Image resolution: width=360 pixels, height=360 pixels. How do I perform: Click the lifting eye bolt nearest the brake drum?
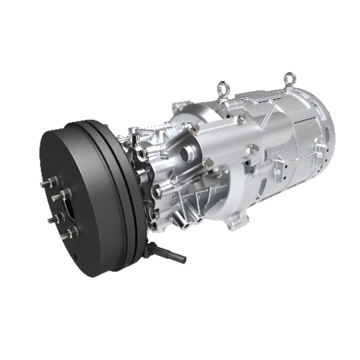[x=221, y=89]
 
